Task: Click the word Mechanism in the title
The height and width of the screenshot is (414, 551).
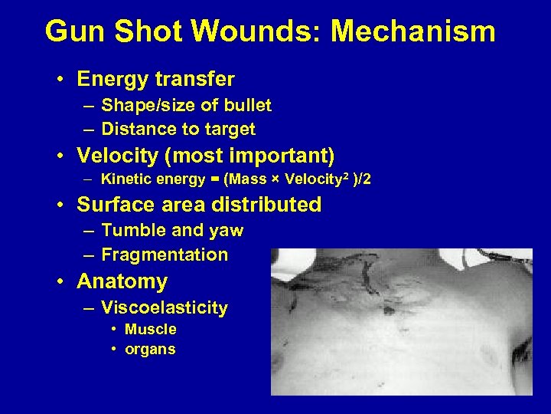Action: (413, 32)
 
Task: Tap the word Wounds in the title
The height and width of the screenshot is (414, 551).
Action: (263, 32)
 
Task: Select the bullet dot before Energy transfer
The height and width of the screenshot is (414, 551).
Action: (59, 80)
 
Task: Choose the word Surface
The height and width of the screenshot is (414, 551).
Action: (113, 205)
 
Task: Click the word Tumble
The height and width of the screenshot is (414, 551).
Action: (129, 230)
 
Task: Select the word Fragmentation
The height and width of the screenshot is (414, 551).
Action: (165, 255)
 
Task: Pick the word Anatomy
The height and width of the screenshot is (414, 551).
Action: (122, 282)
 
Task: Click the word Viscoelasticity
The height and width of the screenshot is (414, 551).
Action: (165, 308)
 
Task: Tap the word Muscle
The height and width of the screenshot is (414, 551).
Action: (150, 330)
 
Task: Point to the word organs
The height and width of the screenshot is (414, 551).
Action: (150, 350)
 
